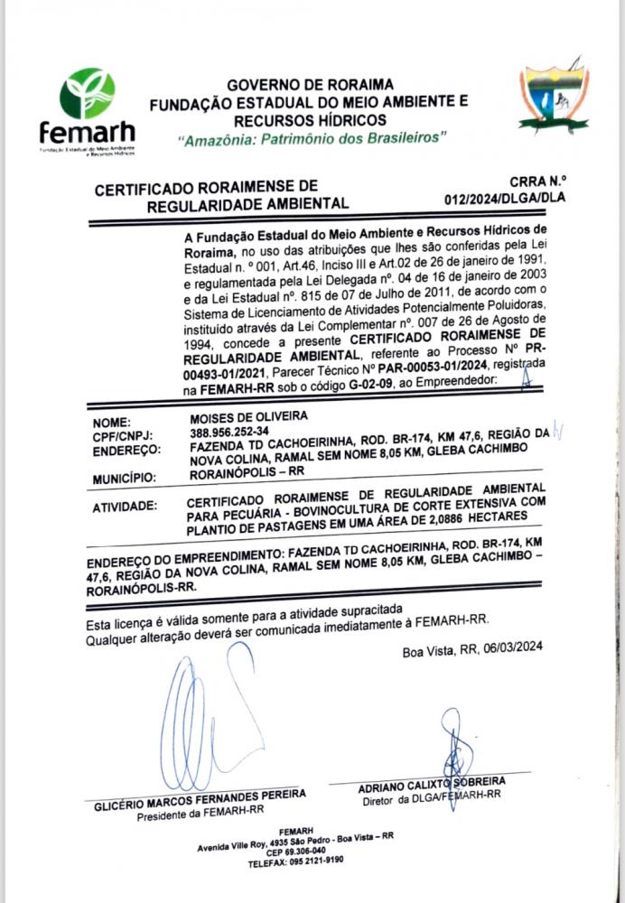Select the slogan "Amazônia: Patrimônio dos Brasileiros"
coord(312,141)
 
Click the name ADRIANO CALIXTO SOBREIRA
coord(431,783)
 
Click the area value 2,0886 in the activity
coord(456,515)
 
